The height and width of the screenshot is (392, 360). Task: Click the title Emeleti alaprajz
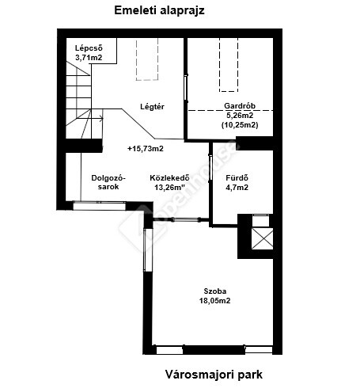pos(159,11)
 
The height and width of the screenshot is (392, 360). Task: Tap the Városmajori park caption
pos(214,375)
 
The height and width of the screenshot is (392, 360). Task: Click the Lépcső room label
pos(89,48)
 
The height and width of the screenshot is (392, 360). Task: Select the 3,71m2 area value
pos(89,58)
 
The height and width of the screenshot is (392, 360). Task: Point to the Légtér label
pos(152,107)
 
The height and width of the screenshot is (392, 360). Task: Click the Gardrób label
pos(240,105)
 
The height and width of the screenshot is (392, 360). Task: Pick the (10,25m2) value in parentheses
pos(240,125)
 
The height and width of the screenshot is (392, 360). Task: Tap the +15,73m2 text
pos(146,149)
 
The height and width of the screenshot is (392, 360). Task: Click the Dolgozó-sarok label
pos(108,182)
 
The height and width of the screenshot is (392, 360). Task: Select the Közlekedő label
pos(169,177)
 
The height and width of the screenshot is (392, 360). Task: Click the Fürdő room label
pos(237,178)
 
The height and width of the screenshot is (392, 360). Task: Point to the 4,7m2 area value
pos(237,188)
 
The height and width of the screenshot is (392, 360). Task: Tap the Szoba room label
pos(215,291)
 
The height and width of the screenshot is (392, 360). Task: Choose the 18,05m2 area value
pos(215,301)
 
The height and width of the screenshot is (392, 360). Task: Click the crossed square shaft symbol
pos(263,238)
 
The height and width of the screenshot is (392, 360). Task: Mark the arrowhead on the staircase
pos(101,119)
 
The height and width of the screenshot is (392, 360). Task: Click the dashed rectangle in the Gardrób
pos(229,65)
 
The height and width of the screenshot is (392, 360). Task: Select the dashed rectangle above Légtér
pos(147,59)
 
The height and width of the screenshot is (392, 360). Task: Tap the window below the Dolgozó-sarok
pos(100,206)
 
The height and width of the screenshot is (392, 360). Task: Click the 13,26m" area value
pos(169,188)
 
